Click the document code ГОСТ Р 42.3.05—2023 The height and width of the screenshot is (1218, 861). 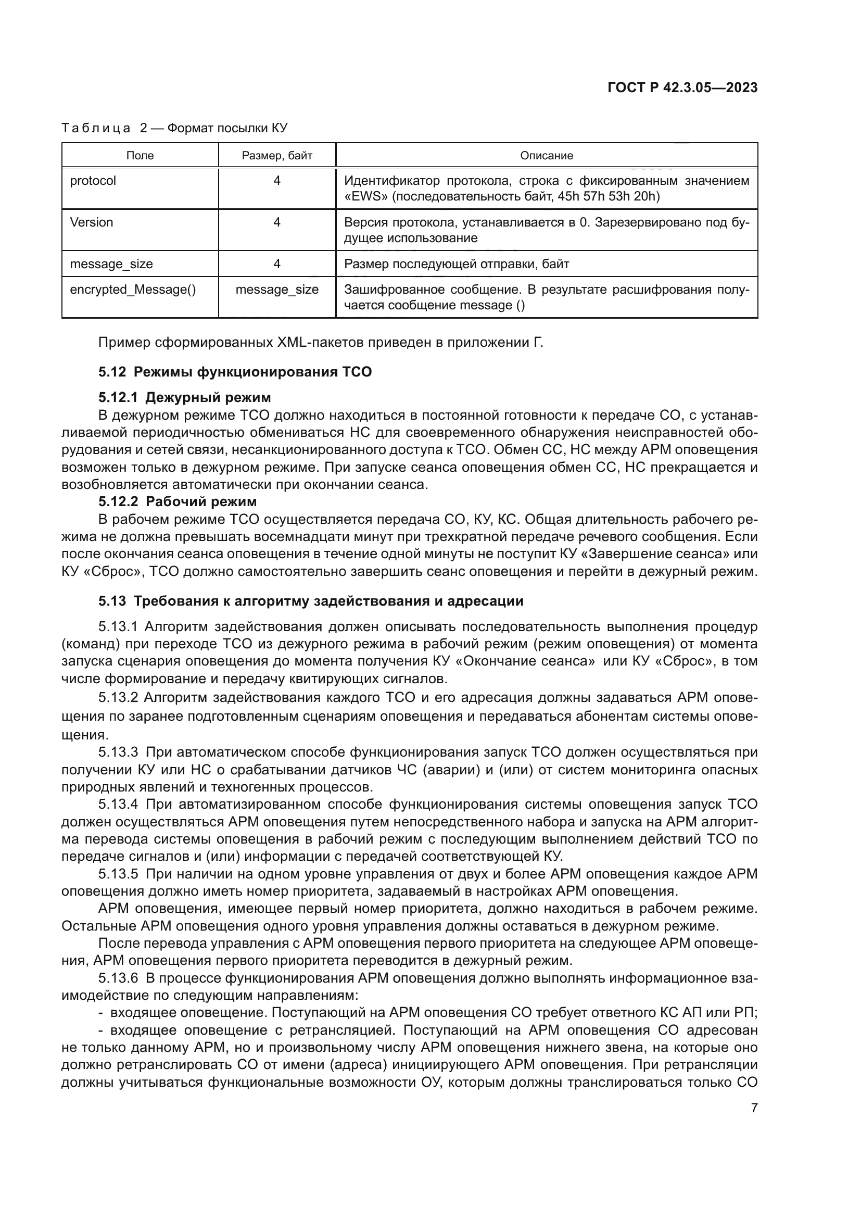(682, 88)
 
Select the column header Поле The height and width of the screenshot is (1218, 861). (140, 155)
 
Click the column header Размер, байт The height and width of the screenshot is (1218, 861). (277, 155)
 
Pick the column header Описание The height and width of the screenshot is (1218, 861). (546, 155)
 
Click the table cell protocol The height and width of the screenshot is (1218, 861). (93, 181)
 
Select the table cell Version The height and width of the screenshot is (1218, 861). (91, 222)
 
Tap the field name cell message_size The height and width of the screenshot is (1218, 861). (111, 264)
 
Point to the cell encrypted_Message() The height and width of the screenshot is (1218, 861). (133, 290)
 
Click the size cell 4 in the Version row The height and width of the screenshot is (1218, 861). (277, 222)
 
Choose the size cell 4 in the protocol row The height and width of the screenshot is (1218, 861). (277, 181)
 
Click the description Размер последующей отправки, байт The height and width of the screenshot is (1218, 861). (457, 264)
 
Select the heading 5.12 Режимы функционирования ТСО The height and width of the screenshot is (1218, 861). (235, 372)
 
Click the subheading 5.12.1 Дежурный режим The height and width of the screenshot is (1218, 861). (184, 397)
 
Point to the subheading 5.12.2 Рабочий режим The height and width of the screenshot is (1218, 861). (178, 501)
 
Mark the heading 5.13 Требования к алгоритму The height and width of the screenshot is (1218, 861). (311, 601)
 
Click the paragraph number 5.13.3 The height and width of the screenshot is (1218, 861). (118, 752)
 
